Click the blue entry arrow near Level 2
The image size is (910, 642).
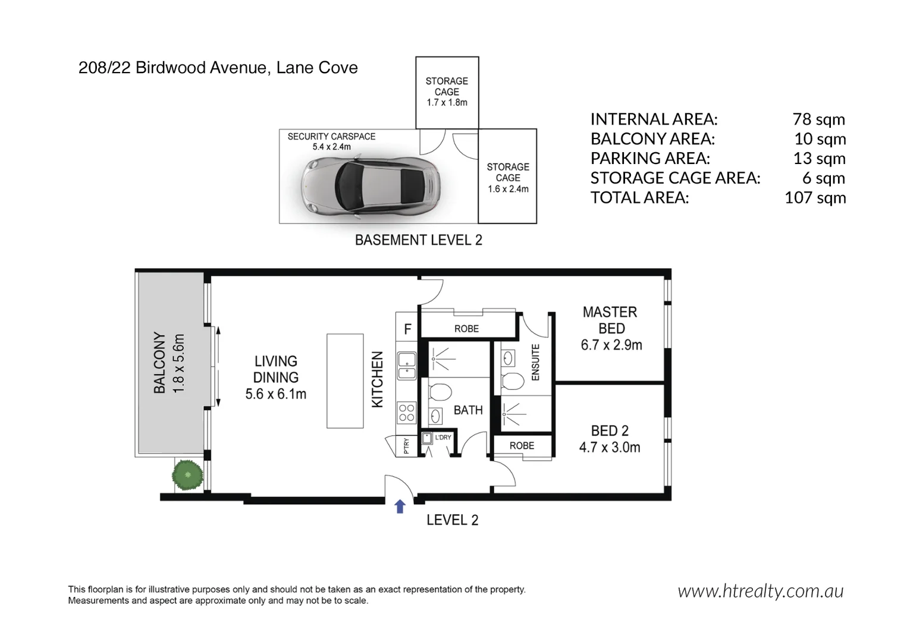400,506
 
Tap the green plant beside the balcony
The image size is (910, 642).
188,475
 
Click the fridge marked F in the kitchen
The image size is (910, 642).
407,329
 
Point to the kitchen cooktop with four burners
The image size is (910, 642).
407,413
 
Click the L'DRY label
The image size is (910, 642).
443,438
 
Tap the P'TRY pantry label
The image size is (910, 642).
406,446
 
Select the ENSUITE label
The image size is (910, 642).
535,362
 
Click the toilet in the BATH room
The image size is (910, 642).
440,392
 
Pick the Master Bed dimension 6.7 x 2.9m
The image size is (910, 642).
611,345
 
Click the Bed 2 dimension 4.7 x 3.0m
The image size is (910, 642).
610,448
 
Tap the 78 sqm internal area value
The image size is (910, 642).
818,119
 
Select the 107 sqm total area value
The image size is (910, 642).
815,198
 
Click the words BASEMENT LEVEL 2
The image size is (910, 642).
418,240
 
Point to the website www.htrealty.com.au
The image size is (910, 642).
760,591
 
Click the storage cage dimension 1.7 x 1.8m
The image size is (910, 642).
447,102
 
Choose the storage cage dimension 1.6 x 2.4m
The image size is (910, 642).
508,189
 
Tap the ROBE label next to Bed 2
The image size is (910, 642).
522,446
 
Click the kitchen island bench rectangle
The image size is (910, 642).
345,381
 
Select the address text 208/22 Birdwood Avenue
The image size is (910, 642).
172,68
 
